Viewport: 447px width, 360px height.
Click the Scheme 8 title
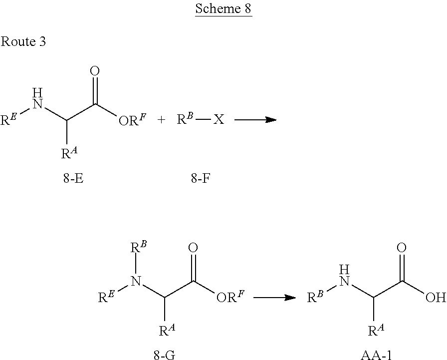pyautogui.click(x=223, y=9)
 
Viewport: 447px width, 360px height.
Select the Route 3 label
pyautogui.click(x=23, y=41)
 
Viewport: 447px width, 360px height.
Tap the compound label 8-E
pyautogui.click(x=73, y=178)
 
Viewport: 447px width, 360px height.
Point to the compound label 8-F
pyautogui.click(x=201, y=178)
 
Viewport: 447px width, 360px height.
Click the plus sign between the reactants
pyautogui.click(x=161, y=120)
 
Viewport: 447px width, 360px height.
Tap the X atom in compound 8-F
pyautogui.click(x=219, y=120)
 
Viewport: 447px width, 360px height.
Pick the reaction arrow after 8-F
pyautogui.click(x=255, y=120)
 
